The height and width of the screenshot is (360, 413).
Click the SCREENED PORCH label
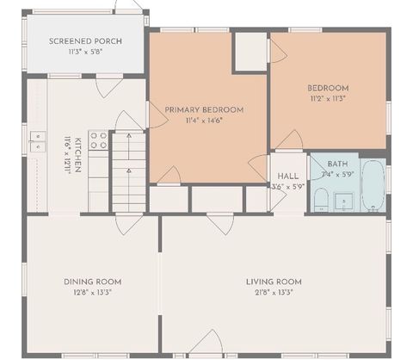pyautogui.click(x=85, y=41)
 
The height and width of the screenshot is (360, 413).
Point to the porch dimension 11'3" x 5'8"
pyautogui.click(x=85, y=52)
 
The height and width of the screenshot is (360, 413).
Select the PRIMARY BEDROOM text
pyautogui.click(x=204, y=109)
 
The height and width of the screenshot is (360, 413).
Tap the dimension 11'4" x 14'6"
pyautogui.click(x=204, y=121)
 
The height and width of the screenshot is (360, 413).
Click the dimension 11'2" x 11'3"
pyautogui.click(x=328, y=99)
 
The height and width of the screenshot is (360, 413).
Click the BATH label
pyautogui.click(x=337, y=164)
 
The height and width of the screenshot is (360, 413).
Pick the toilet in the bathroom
pyautogui.click(x=320, y=200)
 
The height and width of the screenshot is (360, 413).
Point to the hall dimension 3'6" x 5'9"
pyautogui.click(x=288, y=186)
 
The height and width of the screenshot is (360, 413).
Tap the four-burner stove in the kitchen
pyautogui.click(x=99, y=140)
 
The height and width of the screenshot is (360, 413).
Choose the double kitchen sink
pyautogui.click(x=37, y=141)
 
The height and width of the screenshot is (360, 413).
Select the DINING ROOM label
pyautogui.click(x=92, y=282)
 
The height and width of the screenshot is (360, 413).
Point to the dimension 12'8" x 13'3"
pyautogui.click(x=92, y=293)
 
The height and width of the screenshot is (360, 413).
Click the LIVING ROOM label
pyautogui.click(x=274, y=282)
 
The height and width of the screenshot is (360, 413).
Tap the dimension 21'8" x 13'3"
pyautogui.click(x=274, y=293)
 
